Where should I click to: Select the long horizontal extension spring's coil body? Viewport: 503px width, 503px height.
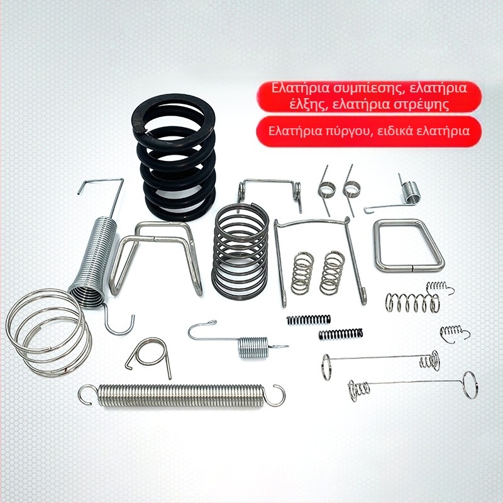(180, 395)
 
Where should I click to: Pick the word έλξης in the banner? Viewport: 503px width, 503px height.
(308, 104)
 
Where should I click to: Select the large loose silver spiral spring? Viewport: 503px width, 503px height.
(48, 334)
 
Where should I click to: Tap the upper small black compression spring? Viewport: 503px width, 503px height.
(308, 319)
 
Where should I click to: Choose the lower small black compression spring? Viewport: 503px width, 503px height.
(341, 334)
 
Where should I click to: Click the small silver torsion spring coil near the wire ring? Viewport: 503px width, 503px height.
(411, 192)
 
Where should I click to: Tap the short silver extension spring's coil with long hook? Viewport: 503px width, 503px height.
(253, 348)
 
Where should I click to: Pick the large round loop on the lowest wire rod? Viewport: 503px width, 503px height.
(470, 385)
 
